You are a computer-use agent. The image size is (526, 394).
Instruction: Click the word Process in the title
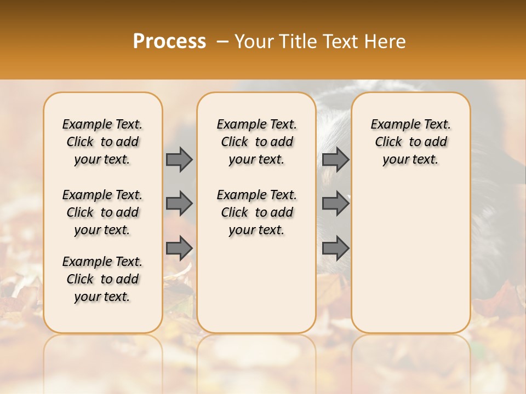(169, 41)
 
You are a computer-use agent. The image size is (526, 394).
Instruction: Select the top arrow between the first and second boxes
(179, 160)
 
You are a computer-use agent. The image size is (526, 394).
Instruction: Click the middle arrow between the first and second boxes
(179, 204)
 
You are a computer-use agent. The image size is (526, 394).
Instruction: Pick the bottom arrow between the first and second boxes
(179, 248)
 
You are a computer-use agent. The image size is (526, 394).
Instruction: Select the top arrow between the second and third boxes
(335, 160)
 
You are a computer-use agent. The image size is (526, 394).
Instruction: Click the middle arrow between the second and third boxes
(335, 204)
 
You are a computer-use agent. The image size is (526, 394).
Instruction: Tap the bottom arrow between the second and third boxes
(335, 248)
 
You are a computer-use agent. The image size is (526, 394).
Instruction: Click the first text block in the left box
(102, 142)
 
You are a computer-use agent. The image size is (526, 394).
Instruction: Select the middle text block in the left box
(102, 212)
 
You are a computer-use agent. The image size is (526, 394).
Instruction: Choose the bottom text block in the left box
(102, 279)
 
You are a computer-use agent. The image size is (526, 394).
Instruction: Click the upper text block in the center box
(256, 142)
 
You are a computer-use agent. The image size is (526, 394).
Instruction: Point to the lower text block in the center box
(256, 212)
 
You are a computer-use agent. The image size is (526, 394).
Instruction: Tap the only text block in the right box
(410, 142)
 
